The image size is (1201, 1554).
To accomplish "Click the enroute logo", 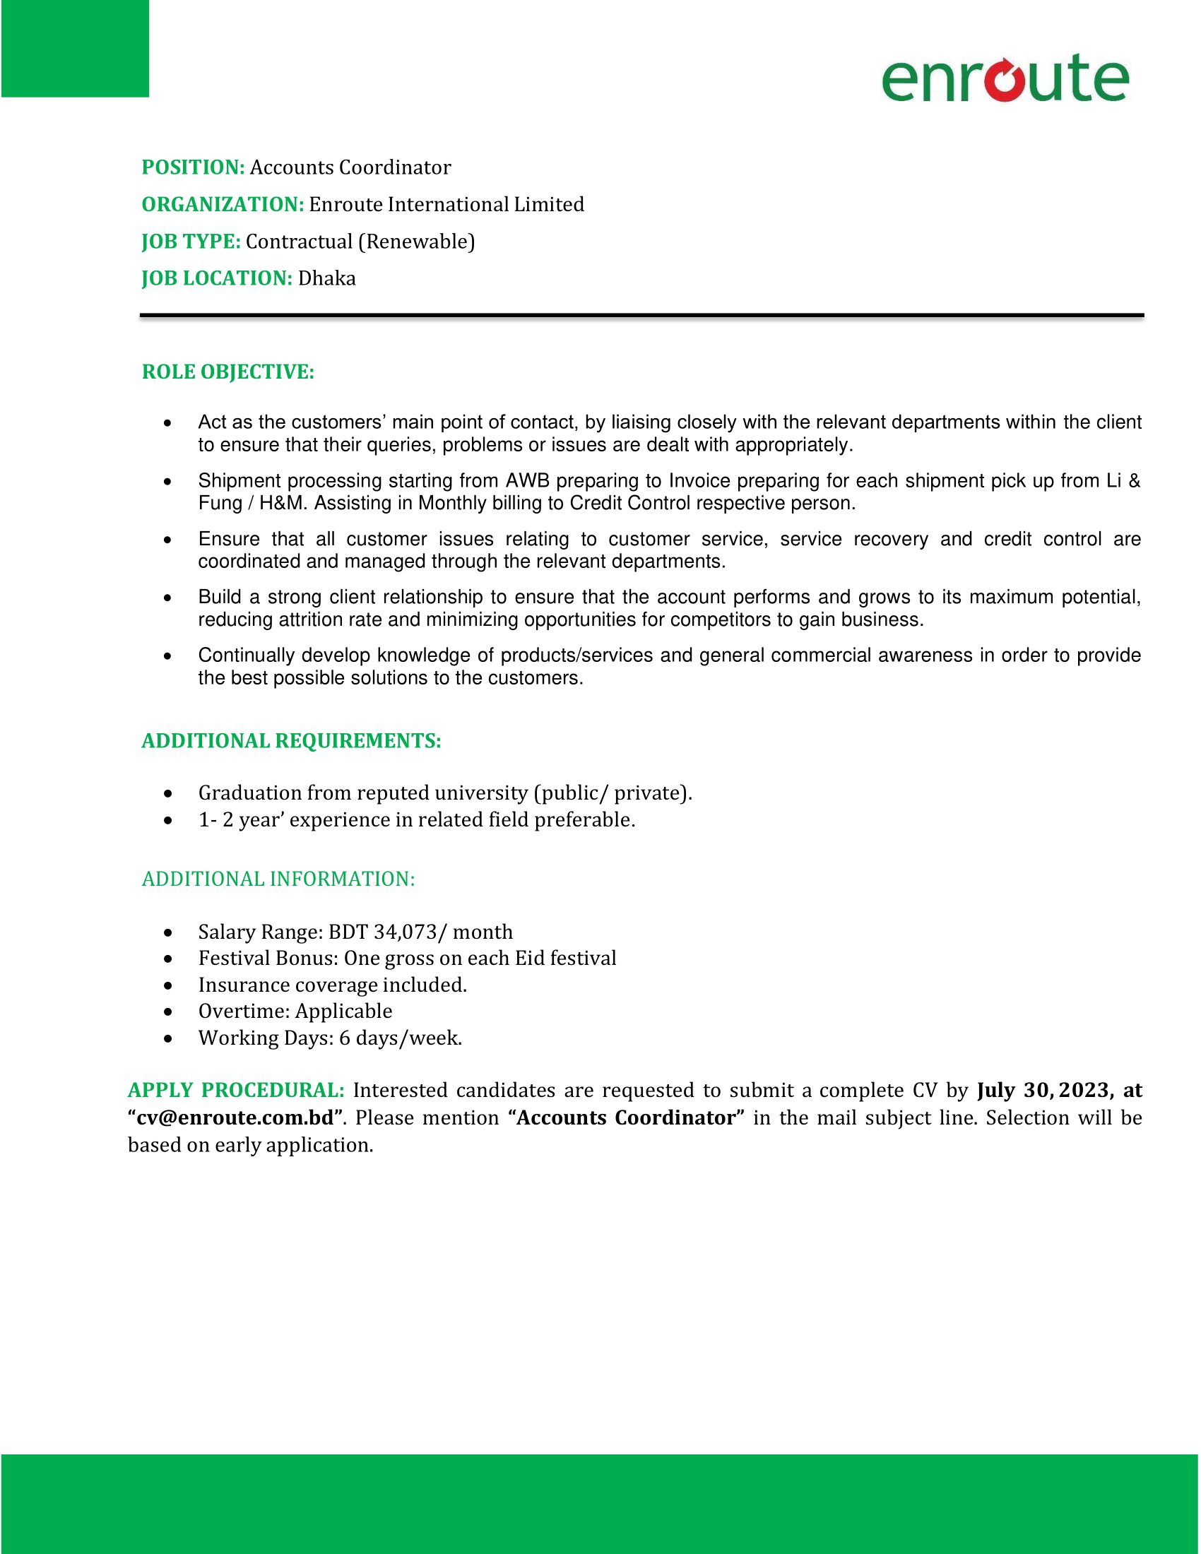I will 1005,78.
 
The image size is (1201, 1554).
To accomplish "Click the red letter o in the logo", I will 1004,80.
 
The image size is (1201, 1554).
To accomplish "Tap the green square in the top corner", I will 75,48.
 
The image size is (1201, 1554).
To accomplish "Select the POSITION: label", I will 193,167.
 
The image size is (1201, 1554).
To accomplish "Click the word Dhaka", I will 326,278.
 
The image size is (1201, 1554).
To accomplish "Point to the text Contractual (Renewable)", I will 360,242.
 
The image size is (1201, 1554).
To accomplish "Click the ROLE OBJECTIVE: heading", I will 227,372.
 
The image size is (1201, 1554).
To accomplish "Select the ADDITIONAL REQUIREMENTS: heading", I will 291,742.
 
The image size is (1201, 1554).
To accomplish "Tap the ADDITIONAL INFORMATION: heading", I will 278,879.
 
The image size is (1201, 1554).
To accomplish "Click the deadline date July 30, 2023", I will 1043,1091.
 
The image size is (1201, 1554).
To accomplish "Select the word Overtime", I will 242,1011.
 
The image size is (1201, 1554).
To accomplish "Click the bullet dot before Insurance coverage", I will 167,986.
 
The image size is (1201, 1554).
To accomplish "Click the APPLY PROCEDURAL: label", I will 236,1091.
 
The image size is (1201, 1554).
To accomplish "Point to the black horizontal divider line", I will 641,315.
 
